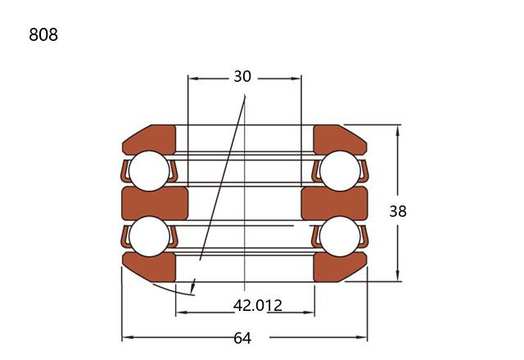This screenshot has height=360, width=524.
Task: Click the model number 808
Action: (43, 34)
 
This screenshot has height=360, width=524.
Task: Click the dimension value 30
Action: (242, 76)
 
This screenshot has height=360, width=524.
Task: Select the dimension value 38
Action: (398, 211)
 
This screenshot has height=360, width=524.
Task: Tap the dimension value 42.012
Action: (258, 305)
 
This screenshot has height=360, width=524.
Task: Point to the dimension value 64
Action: (242, 338)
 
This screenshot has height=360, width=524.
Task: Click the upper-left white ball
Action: (149, 171)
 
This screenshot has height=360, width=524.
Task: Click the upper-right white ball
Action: (340, 171)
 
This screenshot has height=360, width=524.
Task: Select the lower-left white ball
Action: (149, 236)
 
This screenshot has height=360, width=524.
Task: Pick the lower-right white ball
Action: (340, 236)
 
